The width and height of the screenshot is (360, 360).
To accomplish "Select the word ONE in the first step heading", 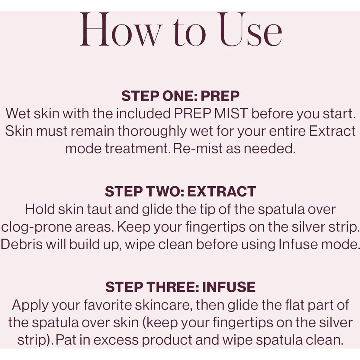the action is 179,96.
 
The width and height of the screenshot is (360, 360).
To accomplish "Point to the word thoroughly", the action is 152,132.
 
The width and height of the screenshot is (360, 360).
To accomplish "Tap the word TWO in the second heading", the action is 165,191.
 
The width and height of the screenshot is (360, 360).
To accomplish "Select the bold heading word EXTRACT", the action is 222,191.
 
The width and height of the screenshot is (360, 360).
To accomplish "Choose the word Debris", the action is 21,245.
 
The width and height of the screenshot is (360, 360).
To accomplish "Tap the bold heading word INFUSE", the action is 229,287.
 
